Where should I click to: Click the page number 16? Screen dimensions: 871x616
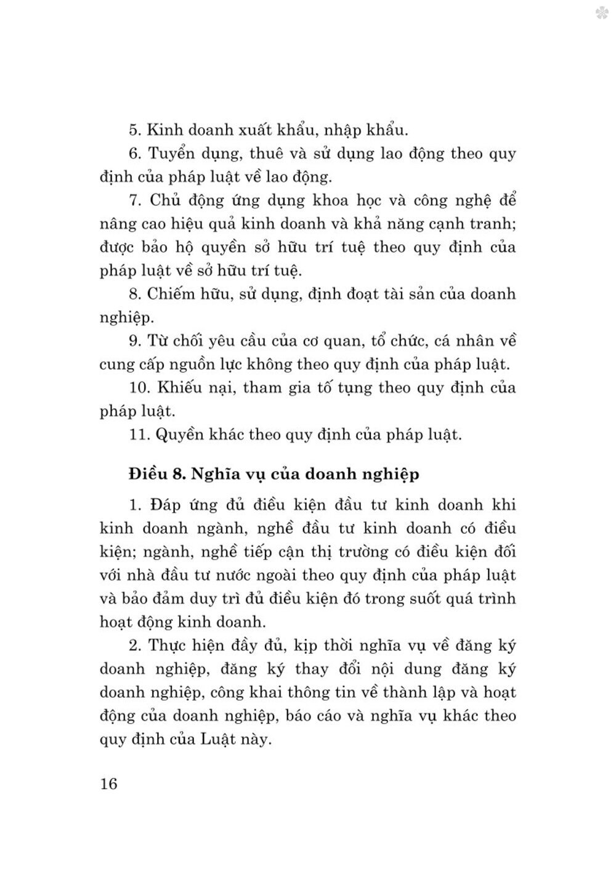point(108,784)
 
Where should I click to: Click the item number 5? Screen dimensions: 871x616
point(135,130)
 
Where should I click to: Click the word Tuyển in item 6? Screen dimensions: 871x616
point(176,153)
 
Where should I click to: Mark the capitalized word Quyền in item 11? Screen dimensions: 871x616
point(181,435)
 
